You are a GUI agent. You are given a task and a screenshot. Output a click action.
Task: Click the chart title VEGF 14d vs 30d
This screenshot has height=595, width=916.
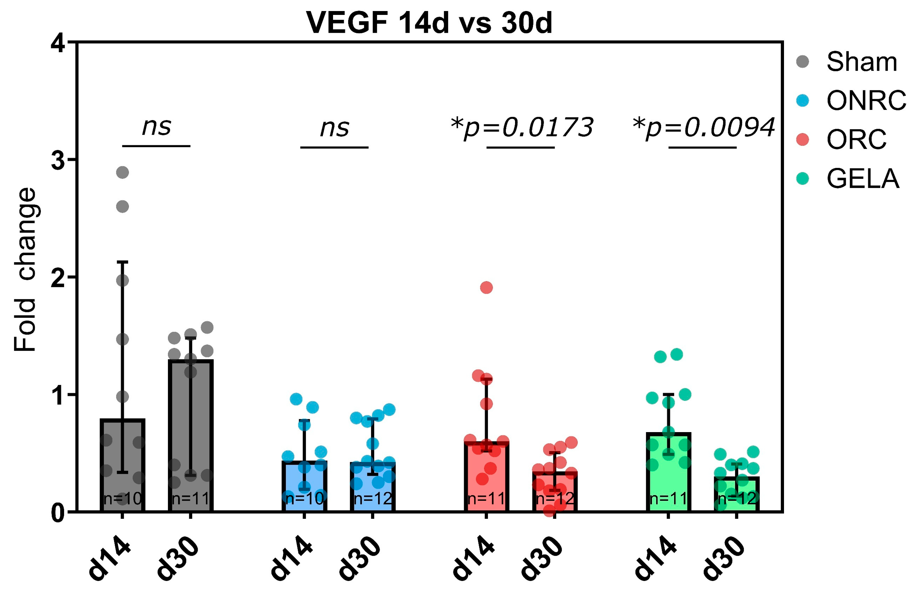click(429, 23)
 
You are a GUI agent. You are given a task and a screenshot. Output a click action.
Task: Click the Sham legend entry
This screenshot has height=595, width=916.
click(847, 62)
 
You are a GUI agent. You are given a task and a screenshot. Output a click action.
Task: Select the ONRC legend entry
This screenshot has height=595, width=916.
click(851, 101)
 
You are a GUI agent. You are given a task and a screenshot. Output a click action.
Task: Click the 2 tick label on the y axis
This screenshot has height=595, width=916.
click(58, 277)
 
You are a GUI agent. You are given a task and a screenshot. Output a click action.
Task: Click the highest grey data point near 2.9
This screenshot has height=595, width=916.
click(122, 172)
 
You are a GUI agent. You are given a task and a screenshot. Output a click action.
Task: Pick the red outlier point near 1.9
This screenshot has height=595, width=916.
click(487, 287)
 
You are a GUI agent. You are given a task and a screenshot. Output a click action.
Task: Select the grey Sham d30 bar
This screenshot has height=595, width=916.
click(191, 436)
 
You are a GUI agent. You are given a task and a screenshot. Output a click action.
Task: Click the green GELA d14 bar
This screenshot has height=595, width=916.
click(669, 472)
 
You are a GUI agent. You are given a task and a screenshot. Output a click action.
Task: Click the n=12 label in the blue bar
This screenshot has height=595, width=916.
click(373, 499)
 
